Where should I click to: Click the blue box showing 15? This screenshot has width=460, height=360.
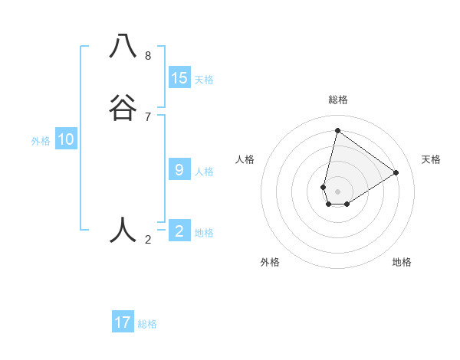179,77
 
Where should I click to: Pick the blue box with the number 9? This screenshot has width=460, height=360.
179,170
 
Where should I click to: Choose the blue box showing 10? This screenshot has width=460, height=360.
66,139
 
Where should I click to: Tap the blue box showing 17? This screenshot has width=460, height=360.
123,322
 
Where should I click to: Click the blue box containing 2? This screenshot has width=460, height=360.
179,231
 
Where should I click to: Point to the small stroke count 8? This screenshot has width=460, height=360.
148,55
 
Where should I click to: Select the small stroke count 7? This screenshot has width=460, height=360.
148,116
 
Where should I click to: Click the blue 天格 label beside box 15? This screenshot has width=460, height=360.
204,80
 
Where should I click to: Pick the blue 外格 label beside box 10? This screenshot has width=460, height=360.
41,142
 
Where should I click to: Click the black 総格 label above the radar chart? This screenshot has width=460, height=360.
338,100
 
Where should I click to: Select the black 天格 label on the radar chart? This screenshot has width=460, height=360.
432,159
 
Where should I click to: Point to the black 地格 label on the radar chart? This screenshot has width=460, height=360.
402,263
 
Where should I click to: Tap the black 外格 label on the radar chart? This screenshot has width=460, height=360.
270,263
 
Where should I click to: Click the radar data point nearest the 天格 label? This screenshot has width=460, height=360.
396,172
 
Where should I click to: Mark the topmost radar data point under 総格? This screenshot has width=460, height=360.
337,130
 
